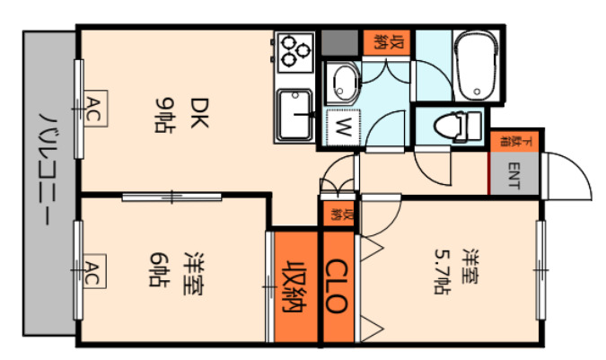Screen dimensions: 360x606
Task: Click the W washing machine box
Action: point(341,126)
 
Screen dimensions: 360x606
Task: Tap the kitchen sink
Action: point(294,115)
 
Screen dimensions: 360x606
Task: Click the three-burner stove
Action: point(294,50)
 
